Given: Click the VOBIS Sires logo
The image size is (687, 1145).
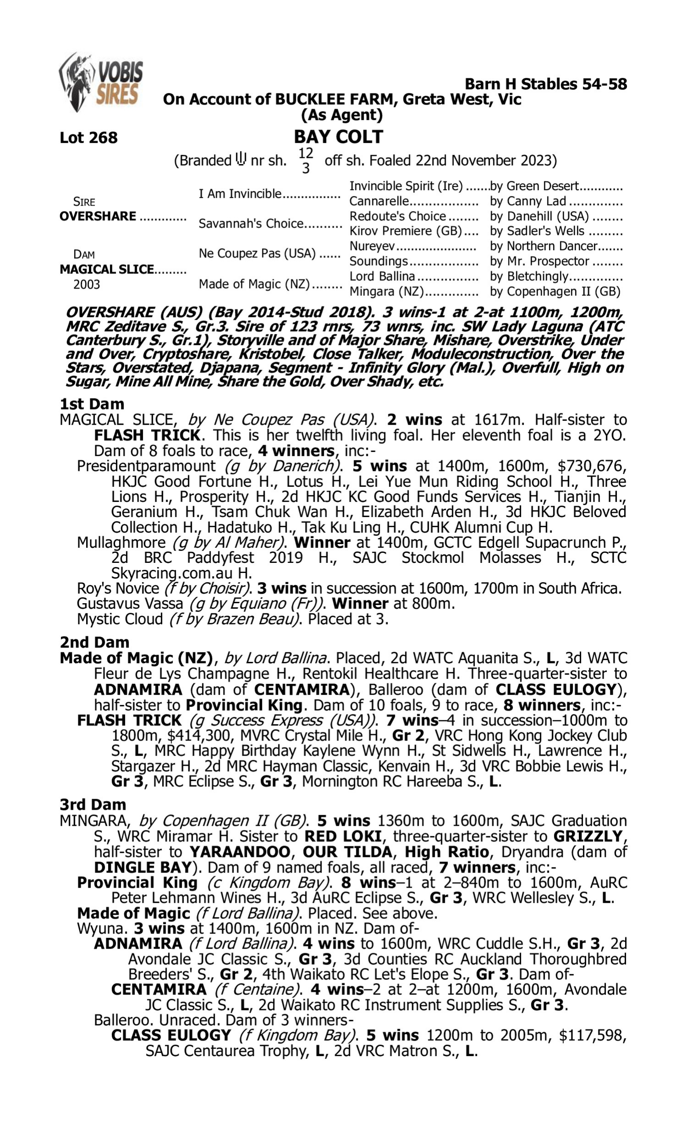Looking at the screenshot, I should coord(101,82).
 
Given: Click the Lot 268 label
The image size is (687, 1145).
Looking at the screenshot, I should coord(88,137).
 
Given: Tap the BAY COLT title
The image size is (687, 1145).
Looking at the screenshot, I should coord(338,136).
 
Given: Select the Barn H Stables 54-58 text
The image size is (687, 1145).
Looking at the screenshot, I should coord(545,84).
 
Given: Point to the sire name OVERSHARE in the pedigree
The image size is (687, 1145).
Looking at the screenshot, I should coord(98,216).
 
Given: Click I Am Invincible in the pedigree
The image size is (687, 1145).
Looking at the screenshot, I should coord(240,193).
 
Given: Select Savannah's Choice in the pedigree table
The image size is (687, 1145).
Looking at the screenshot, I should coord(251,224).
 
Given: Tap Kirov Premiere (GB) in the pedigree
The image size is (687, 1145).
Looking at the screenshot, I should coord(405,231).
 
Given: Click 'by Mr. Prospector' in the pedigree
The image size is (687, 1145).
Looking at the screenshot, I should coord(540,261).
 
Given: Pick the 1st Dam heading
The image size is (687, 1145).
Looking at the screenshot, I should coord(92,404).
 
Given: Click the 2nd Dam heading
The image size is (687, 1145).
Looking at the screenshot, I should coord(94,643).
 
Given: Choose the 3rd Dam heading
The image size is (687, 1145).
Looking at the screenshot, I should coord(93,805).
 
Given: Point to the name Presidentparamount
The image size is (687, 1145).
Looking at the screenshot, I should coord(146,466).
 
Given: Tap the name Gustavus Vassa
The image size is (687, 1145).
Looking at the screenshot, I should coord(130,604).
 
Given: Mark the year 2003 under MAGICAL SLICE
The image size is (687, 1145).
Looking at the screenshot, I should coord(87,284).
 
